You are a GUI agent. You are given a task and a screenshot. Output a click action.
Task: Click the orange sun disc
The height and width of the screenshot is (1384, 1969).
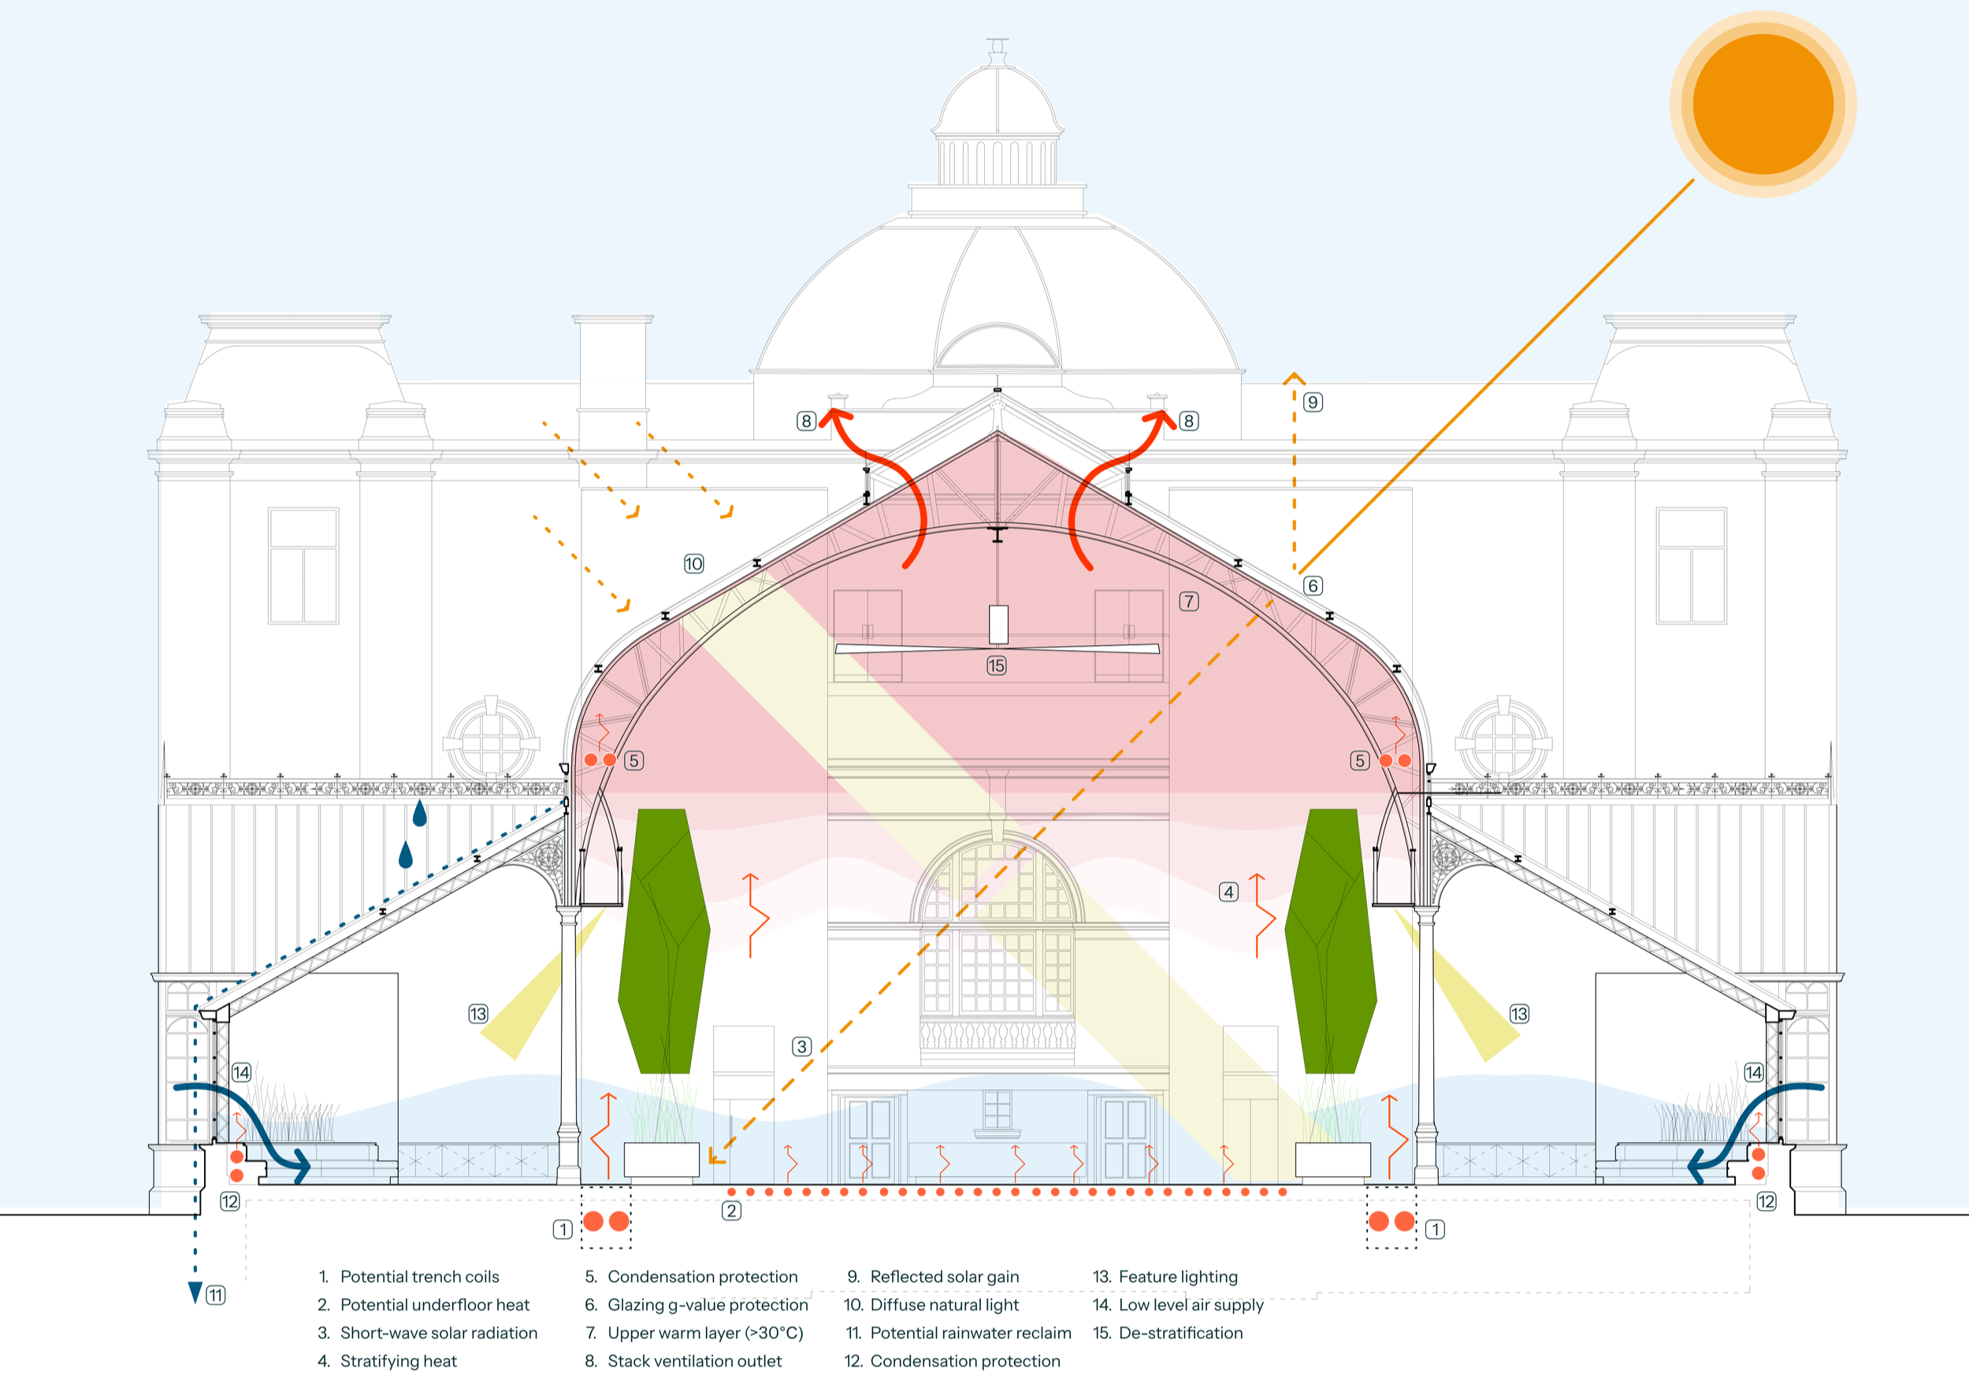(x=1763, y=104)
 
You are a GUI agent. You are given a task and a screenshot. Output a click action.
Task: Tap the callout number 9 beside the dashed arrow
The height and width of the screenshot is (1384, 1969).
(x=1312, y=403)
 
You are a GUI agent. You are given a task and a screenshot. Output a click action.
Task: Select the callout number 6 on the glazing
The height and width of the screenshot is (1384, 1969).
(x=1312, y=586)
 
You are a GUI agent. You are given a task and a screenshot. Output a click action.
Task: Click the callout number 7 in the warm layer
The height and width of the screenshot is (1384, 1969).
(x=1189, y=601)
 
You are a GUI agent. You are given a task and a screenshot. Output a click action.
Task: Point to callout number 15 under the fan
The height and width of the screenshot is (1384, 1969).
(x=997, y=666)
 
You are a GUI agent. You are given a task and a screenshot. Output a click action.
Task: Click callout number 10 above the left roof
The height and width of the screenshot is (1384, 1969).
(x=694, y=563)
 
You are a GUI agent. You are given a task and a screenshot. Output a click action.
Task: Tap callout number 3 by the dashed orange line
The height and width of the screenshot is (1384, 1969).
(x=802, y=1046)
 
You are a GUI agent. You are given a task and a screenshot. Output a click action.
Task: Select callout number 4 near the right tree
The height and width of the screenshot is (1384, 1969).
(x=1229, y=892)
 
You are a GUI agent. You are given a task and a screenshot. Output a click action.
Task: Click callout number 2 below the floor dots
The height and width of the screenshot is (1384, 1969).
(x=731, y=1211)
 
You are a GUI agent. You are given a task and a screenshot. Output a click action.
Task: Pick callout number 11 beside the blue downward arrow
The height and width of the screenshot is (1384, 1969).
(x=216, y=1295)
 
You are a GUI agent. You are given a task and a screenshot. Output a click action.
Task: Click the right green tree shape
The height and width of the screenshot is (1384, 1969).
(x=1330, y=941)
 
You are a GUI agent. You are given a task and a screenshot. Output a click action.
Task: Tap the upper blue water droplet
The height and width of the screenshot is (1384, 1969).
(x=419, y=814)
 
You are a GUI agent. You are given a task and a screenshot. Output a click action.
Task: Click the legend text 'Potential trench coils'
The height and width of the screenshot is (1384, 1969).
(x=419, y=1277)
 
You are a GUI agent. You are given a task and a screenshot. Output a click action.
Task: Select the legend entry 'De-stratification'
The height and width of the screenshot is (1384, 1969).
(x=1181, y=1333)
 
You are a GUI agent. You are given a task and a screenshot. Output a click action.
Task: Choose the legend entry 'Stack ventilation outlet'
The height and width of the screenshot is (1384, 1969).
(x=695, y=1361)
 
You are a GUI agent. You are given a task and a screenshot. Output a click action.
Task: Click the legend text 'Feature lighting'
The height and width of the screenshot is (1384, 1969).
(x=1178, y=1277)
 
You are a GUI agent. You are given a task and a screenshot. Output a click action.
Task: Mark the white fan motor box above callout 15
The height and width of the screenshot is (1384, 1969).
(x=998, y=625)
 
